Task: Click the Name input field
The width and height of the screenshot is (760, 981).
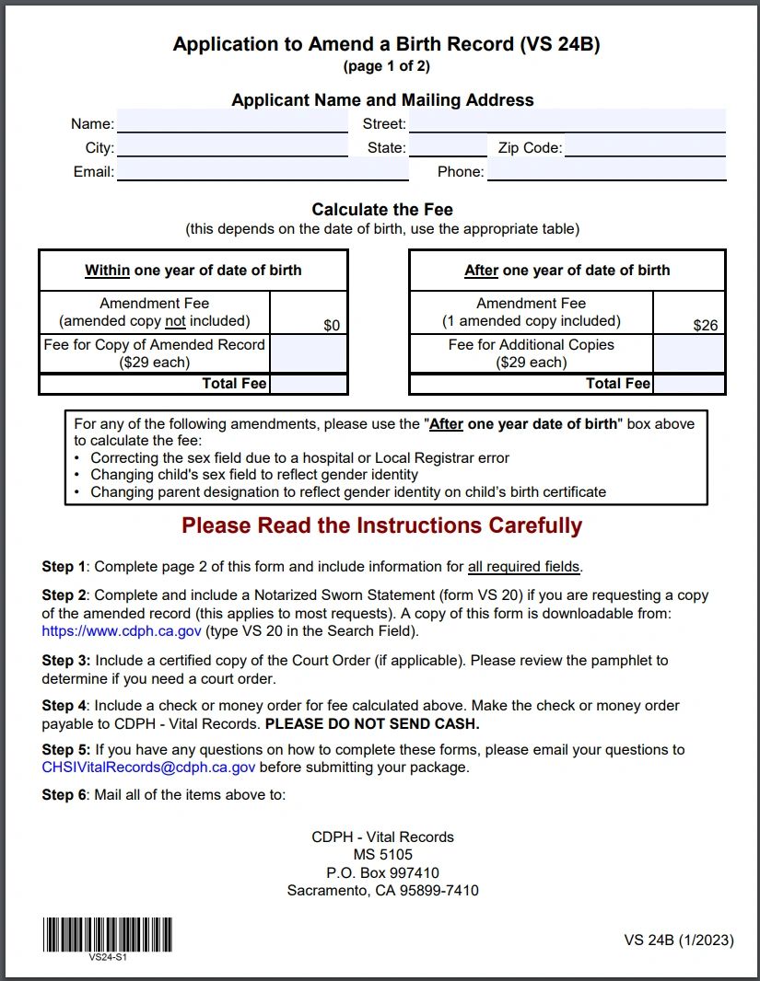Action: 232,122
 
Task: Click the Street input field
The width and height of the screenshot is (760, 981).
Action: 567,122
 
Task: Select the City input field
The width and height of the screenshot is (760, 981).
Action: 232,147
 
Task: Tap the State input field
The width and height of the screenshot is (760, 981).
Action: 447,147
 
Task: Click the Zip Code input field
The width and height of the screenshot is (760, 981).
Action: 645,147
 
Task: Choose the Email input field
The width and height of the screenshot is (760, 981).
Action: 263,171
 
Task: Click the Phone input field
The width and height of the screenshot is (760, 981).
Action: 606,171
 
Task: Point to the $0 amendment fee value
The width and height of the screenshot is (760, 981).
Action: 332,325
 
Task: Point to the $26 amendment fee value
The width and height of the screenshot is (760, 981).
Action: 706,325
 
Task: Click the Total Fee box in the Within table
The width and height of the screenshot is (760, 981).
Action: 309,384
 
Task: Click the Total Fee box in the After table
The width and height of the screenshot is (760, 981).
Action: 689,384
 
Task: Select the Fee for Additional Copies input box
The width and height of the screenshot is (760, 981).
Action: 689,353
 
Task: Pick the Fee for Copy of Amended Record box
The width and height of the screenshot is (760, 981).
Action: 309,353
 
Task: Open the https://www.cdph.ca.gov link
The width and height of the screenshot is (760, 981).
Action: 122,631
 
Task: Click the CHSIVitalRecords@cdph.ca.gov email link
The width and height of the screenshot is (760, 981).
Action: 148,767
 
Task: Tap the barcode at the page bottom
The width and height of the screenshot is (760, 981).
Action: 107,934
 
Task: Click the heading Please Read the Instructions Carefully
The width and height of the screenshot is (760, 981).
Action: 381,525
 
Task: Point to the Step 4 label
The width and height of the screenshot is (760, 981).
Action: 64,706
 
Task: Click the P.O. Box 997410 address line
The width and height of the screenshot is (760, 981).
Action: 382,872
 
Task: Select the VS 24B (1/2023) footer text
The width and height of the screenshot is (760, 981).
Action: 679,940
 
